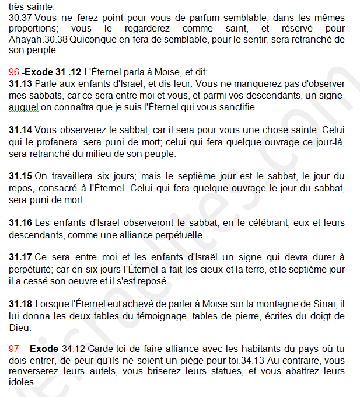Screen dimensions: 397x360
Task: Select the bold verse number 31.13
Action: [20, 84]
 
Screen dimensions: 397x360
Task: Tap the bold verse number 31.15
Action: [20, 176]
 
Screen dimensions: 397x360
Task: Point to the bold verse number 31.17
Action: [20, 257]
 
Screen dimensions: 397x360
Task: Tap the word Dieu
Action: [20, 328]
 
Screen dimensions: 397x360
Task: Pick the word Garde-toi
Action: [108, 349]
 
